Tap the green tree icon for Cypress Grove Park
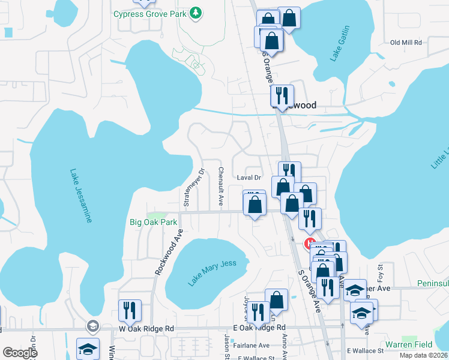[195, 13]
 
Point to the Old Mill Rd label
[406, 43]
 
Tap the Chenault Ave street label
[221, 187]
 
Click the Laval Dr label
[250, 178]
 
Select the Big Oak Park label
[154, 222]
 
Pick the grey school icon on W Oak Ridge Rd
[92, 326]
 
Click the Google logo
[20, 353]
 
